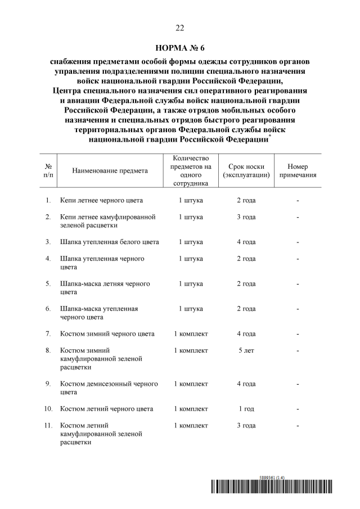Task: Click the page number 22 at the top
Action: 180,28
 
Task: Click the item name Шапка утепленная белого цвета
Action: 110,242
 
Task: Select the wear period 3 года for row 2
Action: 246,217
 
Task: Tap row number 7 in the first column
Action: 48,334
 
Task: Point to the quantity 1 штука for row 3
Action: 191,242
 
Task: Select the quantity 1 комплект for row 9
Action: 191,384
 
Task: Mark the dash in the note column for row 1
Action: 298,201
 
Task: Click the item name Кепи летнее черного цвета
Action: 102,201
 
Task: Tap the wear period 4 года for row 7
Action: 246,334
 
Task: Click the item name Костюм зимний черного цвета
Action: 107,334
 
